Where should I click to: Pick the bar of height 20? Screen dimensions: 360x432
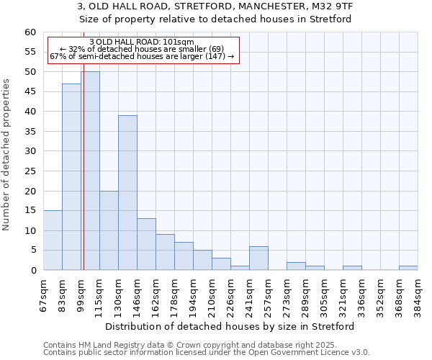109,230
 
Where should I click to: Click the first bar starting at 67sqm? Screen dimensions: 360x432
53,240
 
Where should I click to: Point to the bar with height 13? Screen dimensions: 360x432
146,244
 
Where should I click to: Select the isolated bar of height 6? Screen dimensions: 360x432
258,258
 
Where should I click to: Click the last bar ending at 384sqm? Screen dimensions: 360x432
408,268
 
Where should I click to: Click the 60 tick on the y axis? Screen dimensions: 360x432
30,32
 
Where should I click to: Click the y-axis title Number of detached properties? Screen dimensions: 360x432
7,155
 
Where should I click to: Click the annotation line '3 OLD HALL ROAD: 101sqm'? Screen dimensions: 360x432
142,42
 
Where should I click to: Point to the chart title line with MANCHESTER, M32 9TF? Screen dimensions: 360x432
215,6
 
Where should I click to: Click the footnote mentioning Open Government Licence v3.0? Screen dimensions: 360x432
207,353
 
